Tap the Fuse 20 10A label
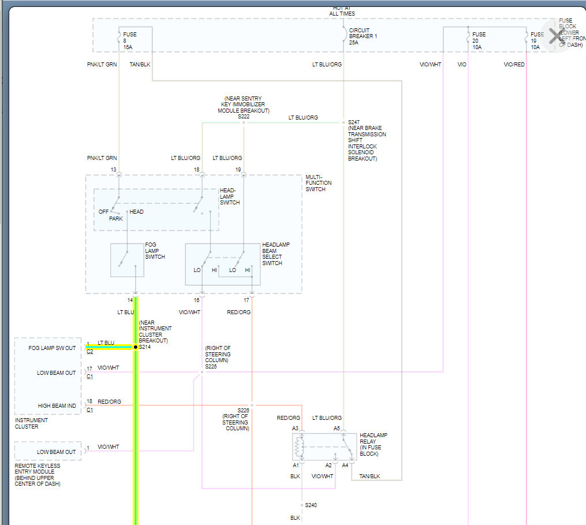[x=479, y=40]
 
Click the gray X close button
[x=555, y=36]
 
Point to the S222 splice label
[x=244, y=117]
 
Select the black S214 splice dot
[x=136, y=347]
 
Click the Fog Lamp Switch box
[x=127, y=260]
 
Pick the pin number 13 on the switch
[x=114, y=169]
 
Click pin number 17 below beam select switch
[x=247, y=300]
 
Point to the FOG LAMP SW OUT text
[x=52, y=348]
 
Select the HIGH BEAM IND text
[x=57, y=406]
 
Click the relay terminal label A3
[x=295, y=429]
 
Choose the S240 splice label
[x=311, y=505]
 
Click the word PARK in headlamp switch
[x=116, y=219]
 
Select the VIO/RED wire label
[x=514, y=64]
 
